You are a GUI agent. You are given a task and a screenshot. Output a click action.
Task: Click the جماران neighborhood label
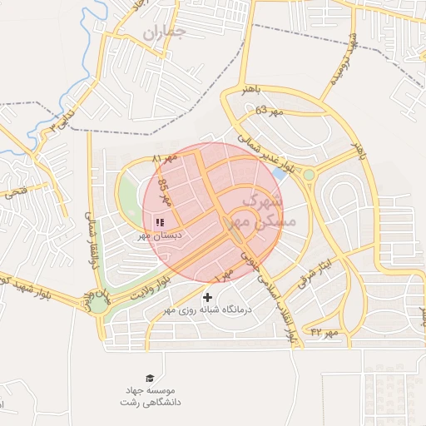[163, 33]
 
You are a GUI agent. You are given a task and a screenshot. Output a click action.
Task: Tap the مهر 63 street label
[270, 111]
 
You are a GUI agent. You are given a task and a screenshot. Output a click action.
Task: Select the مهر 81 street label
[166, 158]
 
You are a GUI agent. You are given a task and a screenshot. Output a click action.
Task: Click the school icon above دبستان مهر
[160, 222]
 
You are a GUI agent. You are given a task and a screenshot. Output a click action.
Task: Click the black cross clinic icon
[207, 297]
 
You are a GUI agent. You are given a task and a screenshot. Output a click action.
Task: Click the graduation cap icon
[150, 379]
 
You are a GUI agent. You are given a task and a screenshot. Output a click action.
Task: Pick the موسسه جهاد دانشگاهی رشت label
[150, 396]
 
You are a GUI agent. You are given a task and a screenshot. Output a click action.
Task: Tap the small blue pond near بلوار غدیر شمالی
[280, 174]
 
